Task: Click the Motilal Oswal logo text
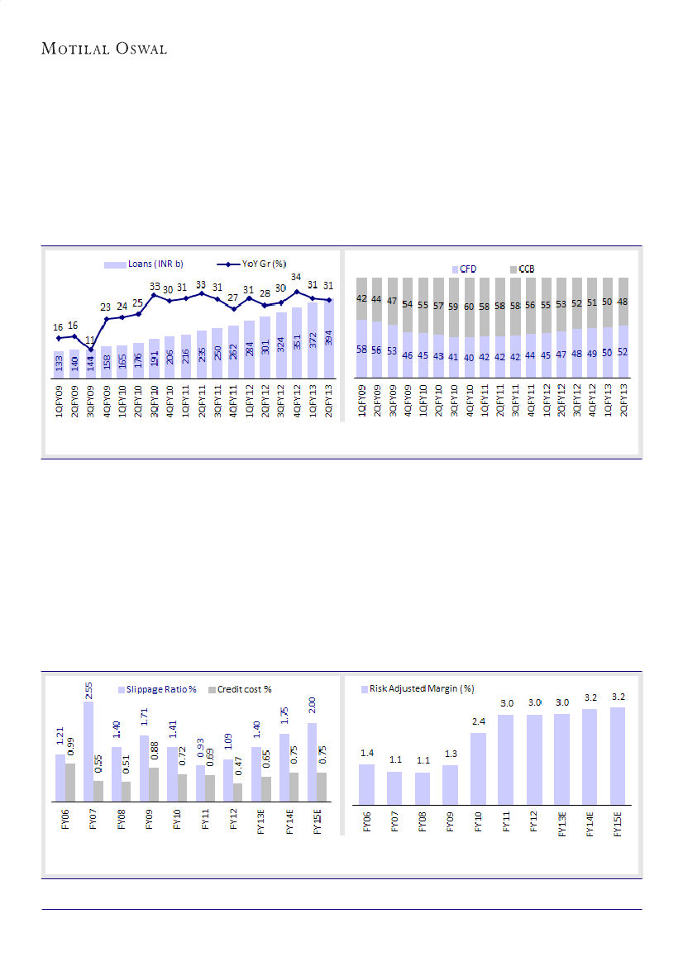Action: click(104, 50)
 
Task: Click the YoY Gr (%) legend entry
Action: click(251, 264)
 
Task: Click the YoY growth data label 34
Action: click(296, 278)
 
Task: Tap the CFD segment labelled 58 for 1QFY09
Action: click(362, 349)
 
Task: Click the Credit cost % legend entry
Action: click(240, 689)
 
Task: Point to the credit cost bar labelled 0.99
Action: click(70, 782)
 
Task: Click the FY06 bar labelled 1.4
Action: click(367, 783)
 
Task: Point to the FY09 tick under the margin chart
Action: click(450, 823)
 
